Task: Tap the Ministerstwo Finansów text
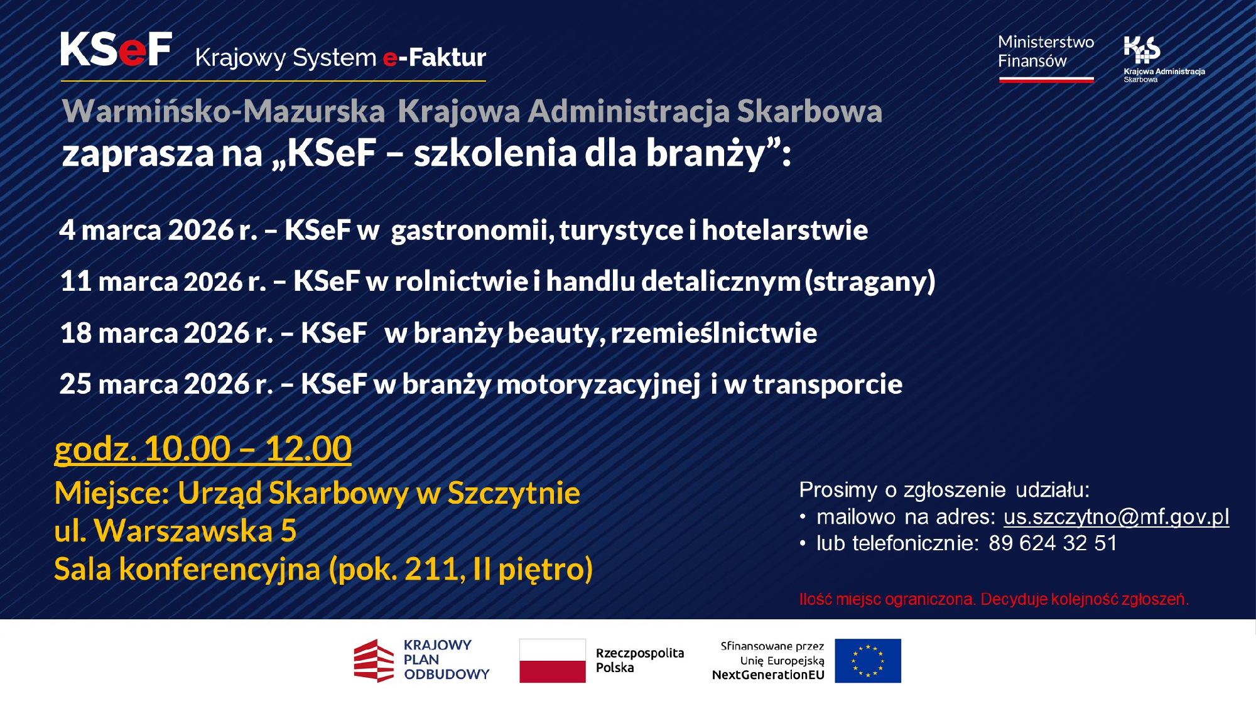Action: [x=1046, y=52]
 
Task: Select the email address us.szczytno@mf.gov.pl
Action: [x=1116, y=517]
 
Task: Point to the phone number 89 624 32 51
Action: [x=1053, y=543]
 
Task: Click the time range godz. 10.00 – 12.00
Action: [x=203, y=449]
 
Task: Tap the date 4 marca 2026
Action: [x=146, y=230]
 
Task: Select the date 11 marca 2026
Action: [x=151, y=281]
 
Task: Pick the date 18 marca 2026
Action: [x=154, y=333]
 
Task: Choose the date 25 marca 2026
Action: [x=154, y=384]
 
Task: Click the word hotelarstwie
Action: [x=784, y=230]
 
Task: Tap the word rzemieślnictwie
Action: [x=713, y=333]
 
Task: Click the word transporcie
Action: [x=827, y=384]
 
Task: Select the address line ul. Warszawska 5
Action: [x=175, y=531]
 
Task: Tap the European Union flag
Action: [x=867, y=661]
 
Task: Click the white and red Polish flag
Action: [x=552, y=661]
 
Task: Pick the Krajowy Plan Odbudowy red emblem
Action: [x=374, y=661]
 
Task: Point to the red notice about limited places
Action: [x=993, y=599]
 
